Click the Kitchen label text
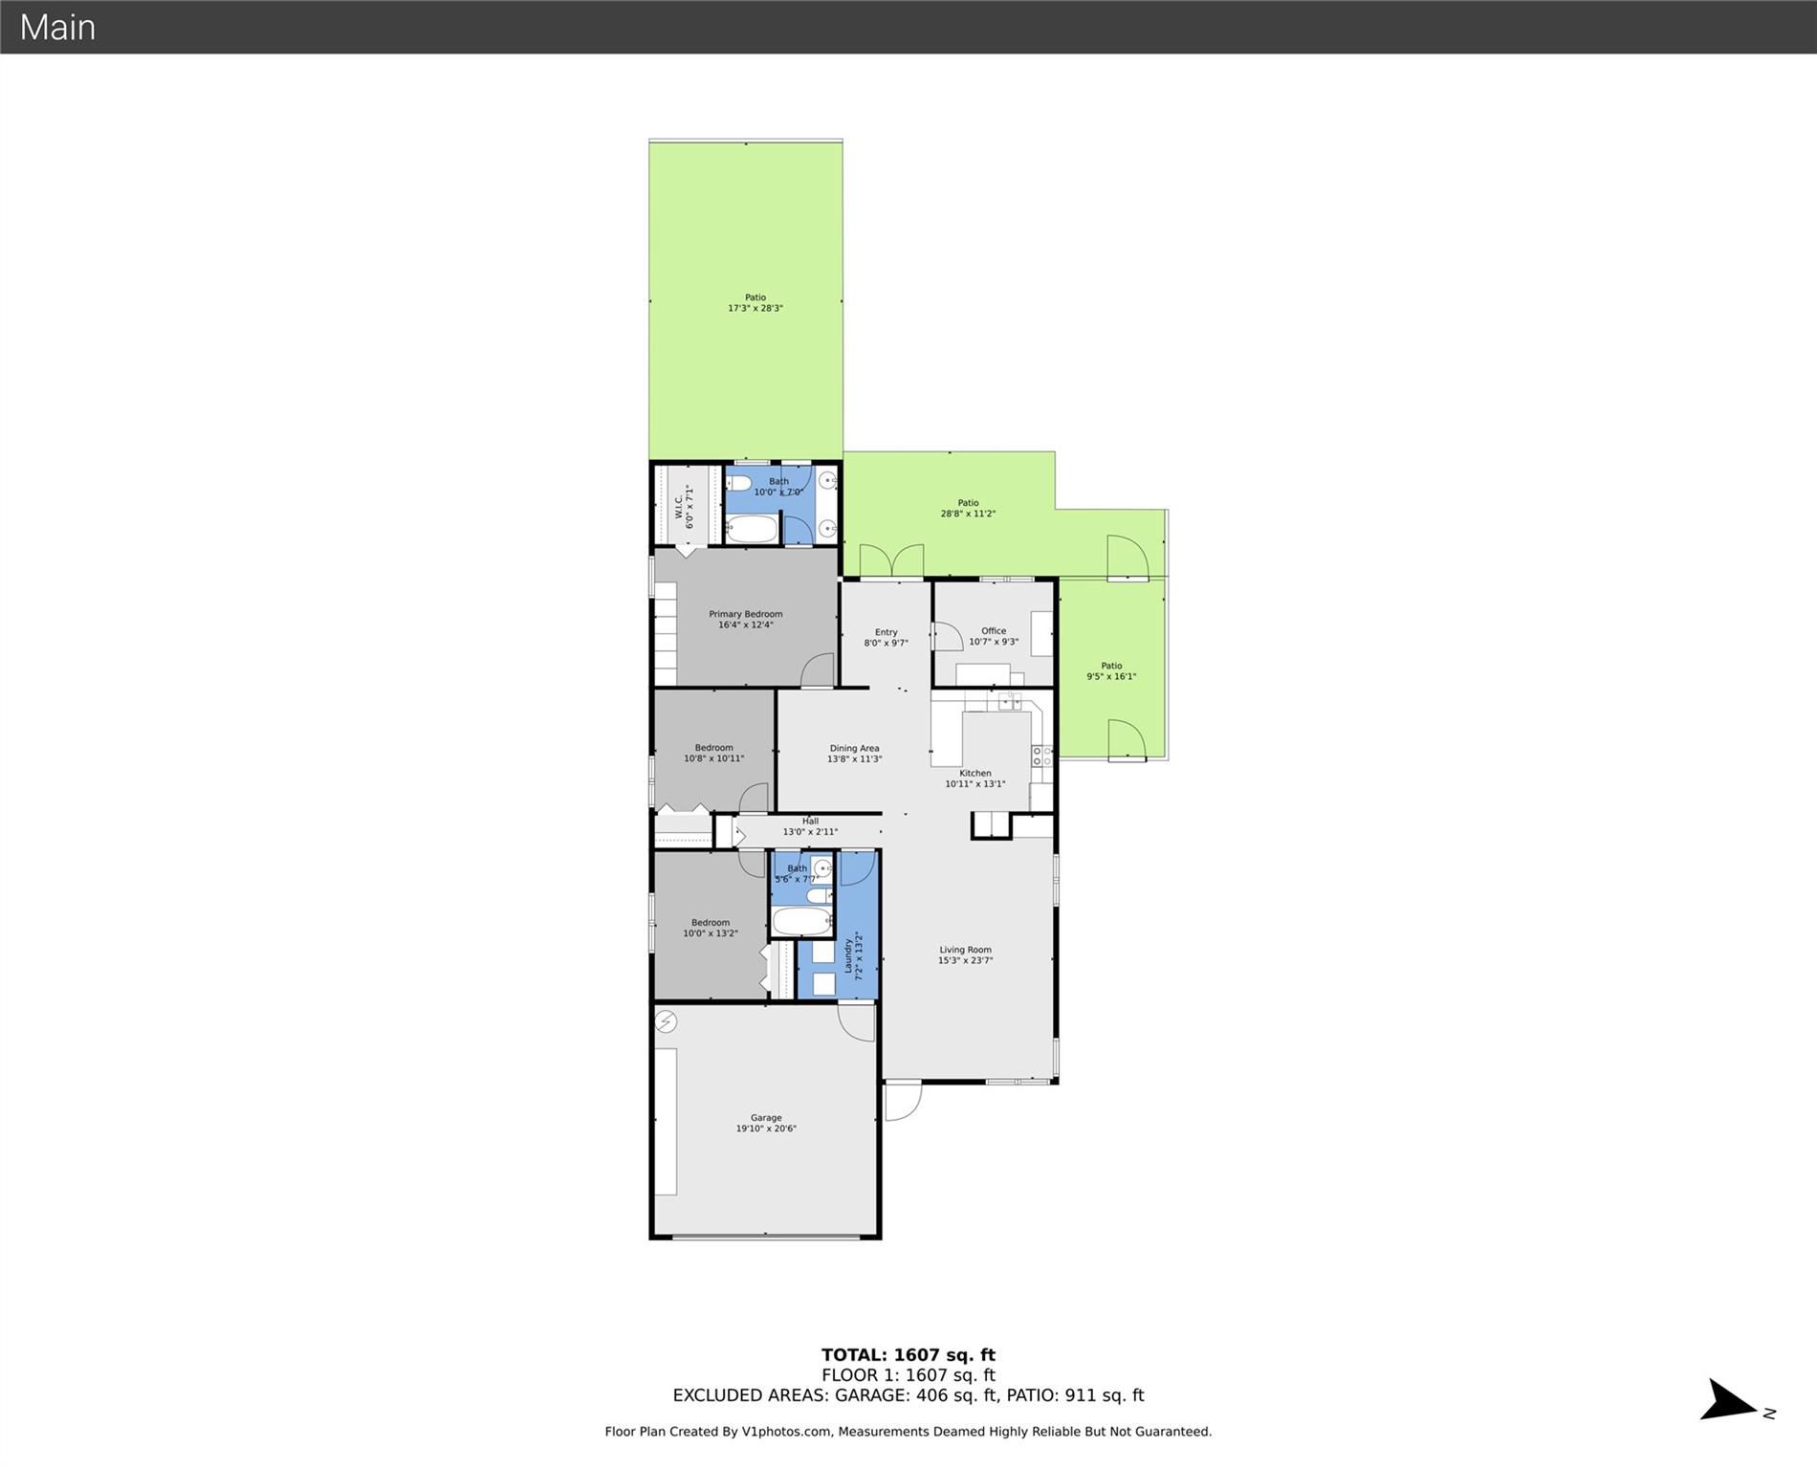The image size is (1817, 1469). coord(975,773)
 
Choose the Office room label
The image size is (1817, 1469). coord(994,631)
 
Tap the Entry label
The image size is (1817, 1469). coord(887,632)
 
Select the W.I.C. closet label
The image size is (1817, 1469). coord(678,507)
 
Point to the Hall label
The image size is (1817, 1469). coord(811,821)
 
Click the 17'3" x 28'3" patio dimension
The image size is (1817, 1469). coord(755,308)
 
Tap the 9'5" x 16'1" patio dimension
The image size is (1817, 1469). coord(1111,676)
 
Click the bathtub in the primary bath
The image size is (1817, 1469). coord(752,530)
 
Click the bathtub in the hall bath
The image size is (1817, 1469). coord(801,921)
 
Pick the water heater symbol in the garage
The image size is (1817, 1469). coord(666,1021)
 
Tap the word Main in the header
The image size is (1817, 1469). coord(57,27)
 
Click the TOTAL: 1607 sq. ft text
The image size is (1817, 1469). coord(908,1354)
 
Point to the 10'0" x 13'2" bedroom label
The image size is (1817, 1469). coord(711,933)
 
